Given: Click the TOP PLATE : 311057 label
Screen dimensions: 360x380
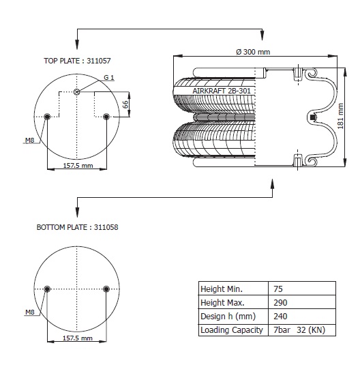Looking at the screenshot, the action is click(77, 61).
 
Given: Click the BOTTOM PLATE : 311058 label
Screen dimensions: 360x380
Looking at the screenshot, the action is click(77, 227).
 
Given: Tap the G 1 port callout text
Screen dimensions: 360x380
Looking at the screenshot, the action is click(109, 77).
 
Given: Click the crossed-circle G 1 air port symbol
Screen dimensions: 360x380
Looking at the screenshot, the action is click(76, 91).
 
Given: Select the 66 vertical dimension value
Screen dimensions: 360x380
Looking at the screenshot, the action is click(125, 104).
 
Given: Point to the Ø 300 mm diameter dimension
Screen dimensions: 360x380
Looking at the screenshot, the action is click(253, 52).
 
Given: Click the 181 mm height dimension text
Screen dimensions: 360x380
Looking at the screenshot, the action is click(340, 116).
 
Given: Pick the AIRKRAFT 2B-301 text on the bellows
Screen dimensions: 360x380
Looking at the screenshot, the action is click(222, 91).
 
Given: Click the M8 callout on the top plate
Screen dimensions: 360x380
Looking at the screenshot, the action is click(30, 140).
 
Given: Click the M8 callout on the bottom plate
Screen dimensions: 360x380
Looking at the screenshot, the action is click(30, 312).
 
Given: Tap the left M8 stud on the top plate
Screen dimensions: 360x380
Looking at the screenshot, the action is click(47, 117).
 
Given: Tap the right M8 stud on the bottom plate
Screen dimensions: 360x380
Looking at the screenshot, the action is click(106, 289).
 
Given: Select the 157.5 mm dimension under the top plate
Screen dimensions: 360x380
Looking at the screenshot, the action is click(78, 166).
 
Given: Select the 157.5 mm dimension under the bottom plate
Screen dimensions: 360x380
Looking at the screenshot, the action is click(78, 338).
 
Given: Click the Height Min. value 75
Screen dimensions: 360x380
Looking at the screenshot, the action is click(278, 289).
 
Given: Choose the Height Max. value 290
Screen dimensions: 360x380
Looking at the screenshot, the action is click(280, 302).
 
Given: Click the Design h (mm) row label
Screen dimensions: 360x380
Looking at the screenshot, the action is click(228, 317).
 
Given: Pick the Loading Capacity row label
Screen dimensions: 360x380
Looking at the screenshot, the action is click(232, 330).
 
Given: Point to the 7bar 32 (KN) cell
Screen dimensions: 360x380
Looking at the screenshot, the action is click(299, 330).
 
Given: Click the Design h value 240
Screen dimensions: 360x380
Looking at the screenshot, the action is click(280, 317).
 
